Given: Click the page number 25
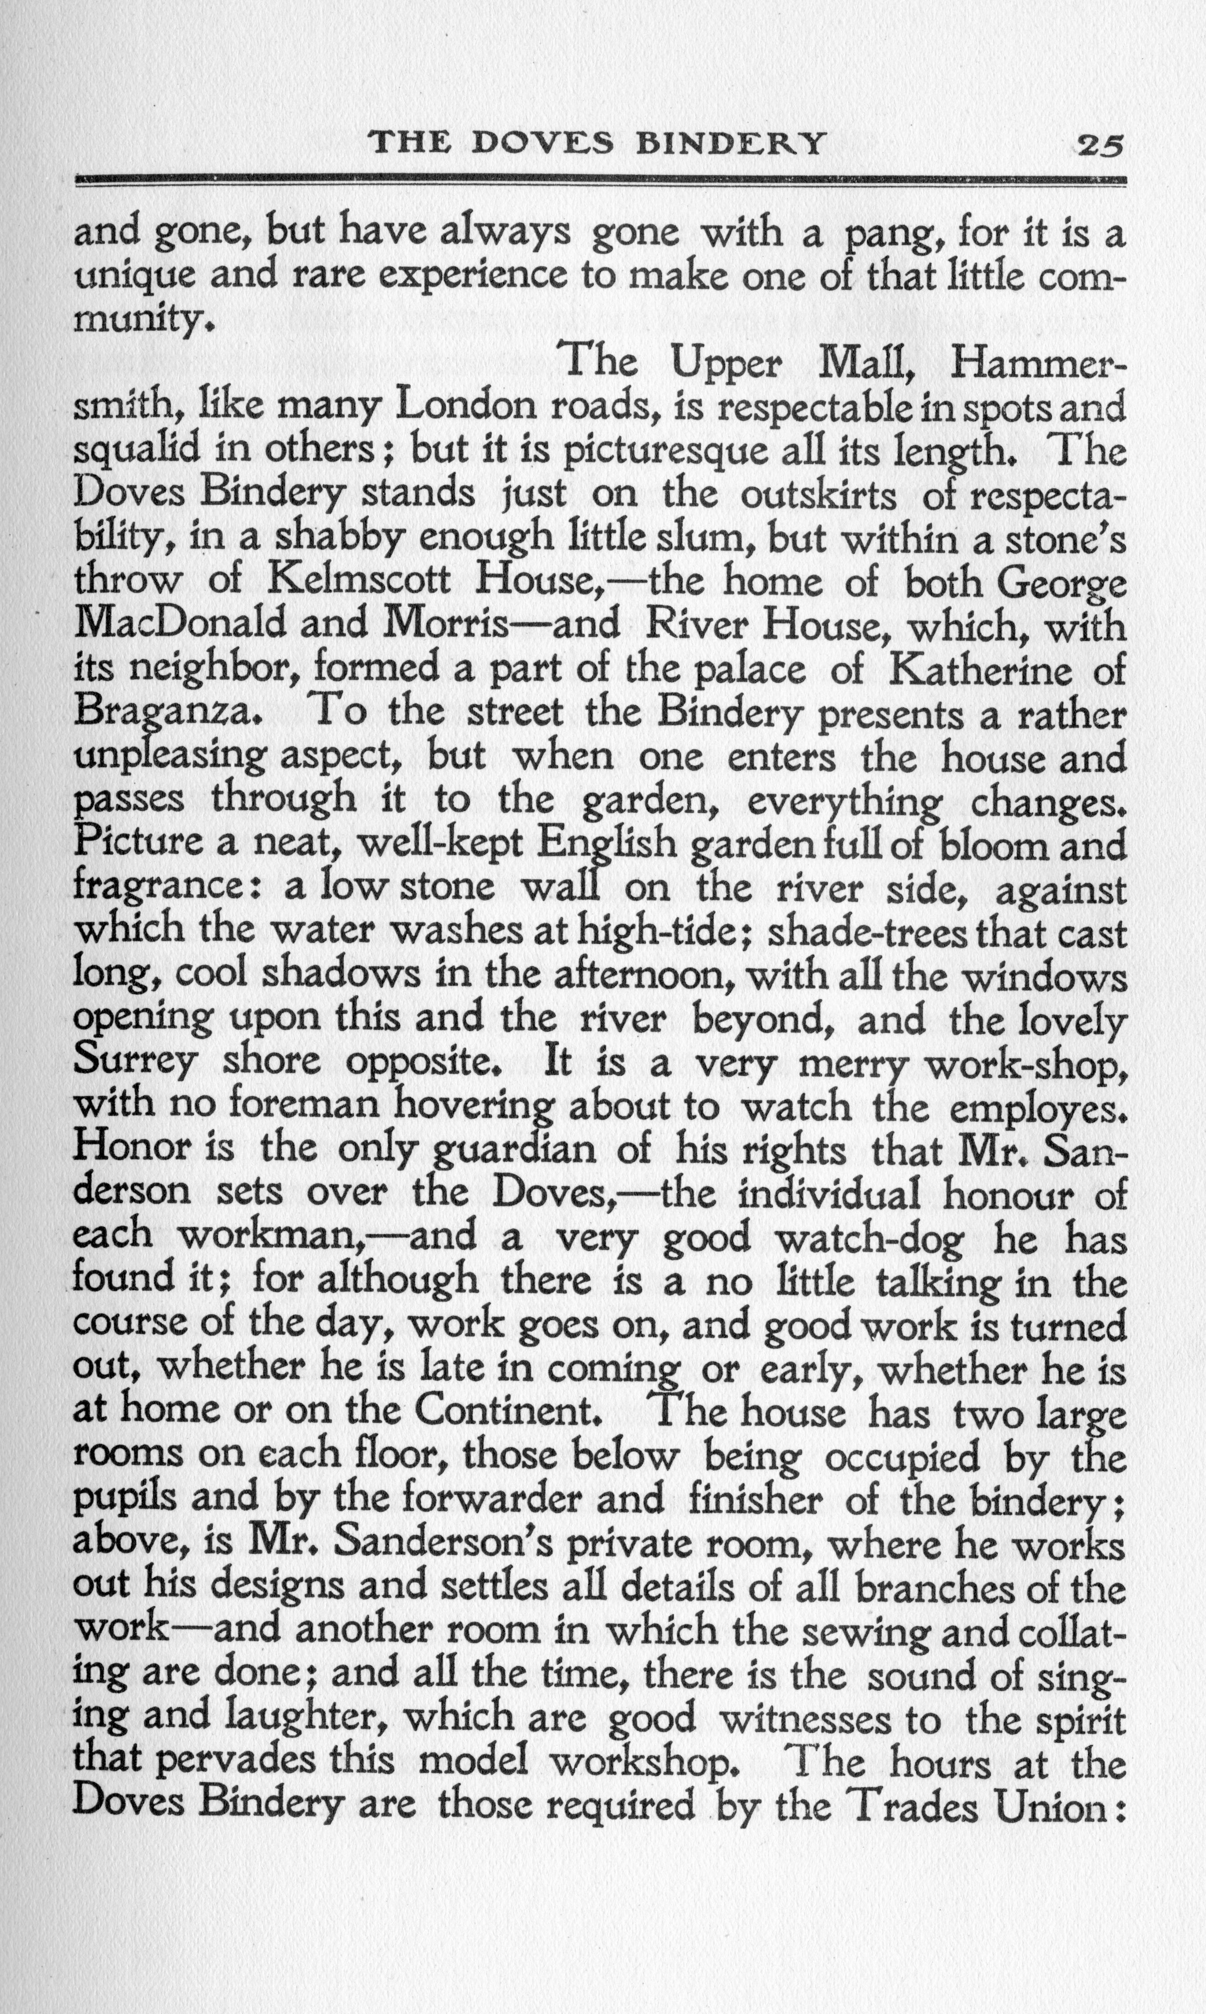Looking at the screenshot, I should point(1099,145).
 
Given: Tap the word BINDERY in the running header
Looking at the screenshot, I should point(730,144).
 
